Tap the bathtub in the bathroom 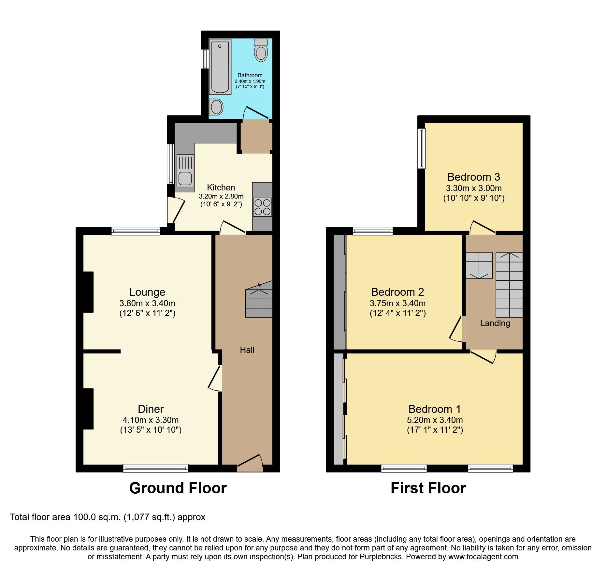coord(220,67)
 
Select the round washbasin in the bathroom coord(216,107)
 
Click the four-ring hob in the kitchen coord(262,207)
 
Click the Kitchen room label coord(221,187)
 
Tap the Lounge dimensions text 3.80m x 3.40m coord(147,303)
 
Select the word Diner coord(151,409)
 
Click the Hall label coord(247,350)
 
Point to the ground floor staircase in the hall coord(259,300)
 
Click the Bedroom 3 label coord(473,177)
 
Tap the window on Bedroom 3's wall coord(422,148)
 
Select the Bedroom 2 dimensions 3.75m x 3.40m coord(397,303)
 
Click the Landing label coord(495,323)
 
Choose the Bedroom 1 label coord(435,409)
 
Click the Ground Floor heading coord(178,488)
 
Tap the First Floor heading coord(428,488)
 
